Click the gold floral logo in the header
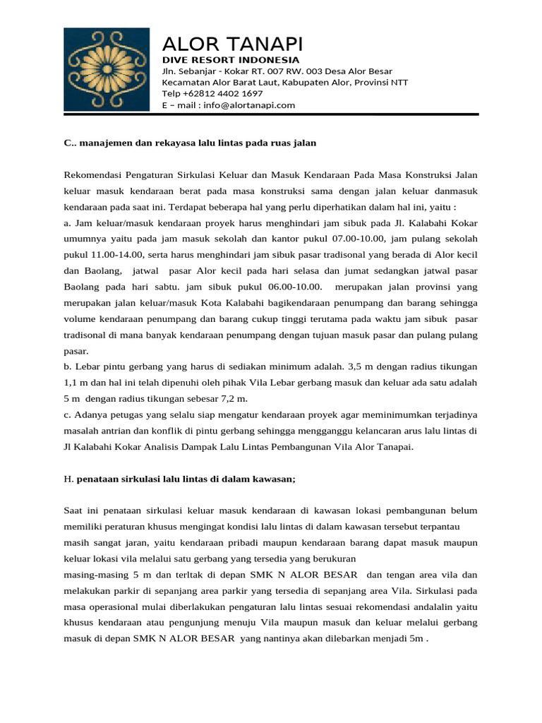click(x=107, y=70)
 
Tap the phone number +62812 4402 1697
click(x=223, y=93)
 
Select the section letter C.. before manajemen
click(x=69, y=143)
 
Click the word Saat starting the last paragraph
click(x=75, y=510)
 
